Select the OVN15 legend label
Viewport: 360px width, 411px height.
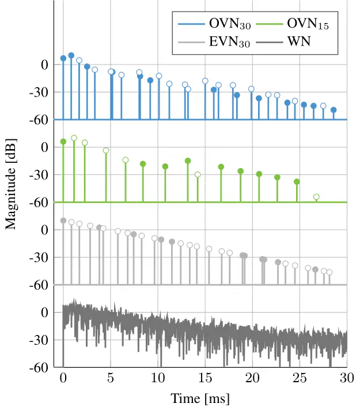pyautogui.click(x=309, y=25)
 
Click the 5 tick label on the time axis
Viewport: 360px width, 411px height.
pyautogui.click(x=111, y=378)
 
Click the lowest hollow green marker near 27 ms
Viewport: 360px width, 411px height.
pyautogui.click(x=316, y=197)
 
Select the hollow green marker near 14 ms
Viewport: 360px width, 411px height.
pyautogui.click(x=198, y=174)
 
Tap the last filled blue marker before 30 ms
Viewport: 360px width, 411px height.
pyautogui.click(x=334, y=110)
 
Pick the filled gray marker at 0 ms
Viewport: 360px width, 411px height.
pyautogui.click(x=63, y=220)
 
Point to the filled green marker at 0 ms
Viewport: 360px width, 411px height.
pyautogui.click(x=63, y=142)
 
